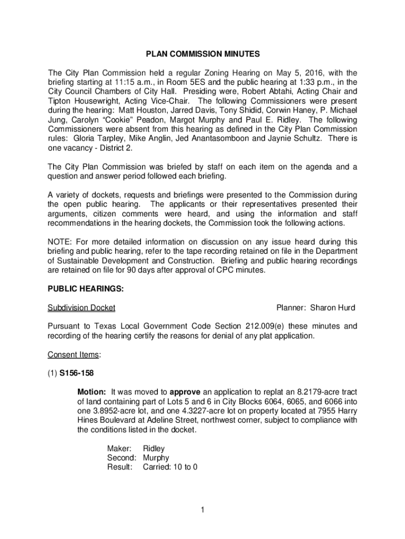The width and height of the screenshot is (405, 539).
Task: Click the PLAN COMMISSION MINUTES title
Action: pyautogui.click(x=202, y=54)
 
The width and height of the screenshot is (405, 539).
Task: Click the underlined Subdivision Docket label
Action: pyautogui.click(x=82, y=308)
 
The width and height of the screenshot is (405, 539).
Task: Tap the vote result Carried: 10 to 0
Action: pyautogui.click(x=170, y=467)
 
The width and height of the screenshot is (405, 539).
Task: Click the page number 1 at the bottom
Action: pyautogui.click(x=202, y=510)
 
